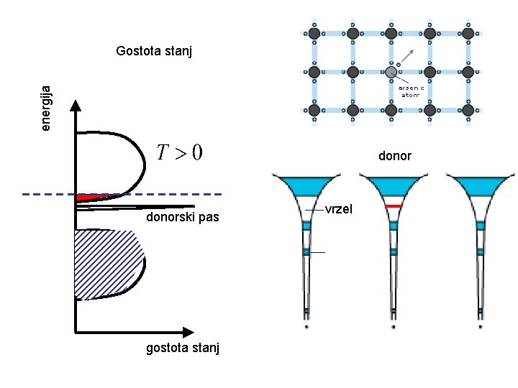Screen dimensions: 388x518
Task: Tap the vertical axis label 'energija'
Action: click(46, 107)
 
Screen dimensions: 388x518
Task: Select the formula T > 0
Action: click(179, 152)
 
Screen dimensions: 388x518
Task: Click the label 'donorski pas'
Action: click(182, 218)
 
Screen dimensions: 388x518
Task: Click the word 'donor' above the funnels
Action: click(395, 156)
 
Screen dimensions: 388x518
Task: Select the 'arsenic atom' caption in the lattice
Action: click(412, 91)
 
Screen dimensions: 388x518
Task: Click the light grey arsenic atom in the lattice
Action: click(391, 72)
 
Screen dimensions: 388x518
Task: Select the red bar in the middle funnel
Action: click(393, 206)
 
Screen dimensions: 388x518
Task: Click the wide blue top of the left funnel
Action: click(306, 184)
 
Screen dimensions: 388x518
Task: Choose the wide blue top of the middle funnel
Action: click(393, 184)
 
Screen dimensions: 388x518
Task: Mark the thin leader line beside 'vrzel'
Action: click(315, 209)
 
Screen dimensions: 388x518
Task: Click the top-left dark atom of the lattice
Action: click(314, 33)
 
